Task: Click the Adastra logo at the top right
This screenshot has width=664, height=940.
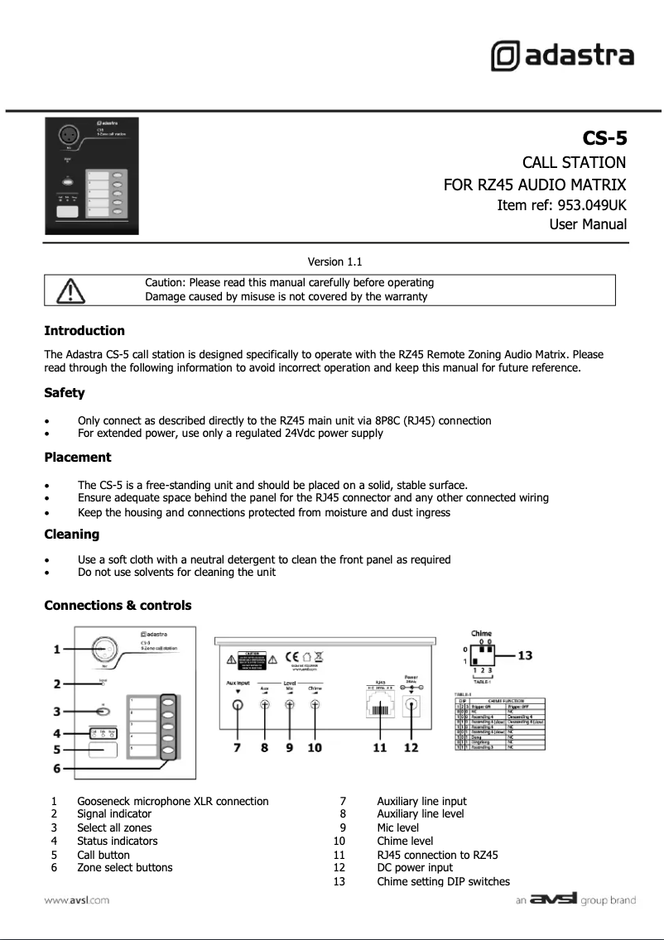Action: pyautogui.click(x=562, y=56)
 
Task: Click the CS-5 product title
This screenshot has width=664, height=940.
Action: pyautogui.click(x=604, y=137)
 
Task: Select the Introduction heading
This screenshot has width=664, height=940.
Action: pyautogui.click(x=84, y=331)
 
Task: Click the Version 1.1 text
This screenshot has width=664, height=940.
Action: pyautogui.click(x=334, y=261)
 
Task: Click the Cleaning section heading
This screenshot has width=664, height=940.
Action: pyautogui.click(x=71, y=535)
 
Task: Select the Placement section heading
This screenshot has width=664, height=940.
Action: pyautogui.click(x=77, y=458)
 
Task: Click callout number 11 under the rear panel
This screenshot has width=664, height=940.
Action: pyautogui.click(x=379, y=748)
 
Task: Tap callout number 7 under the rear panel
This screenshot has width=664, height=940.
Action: pyautogui.click(x=237, y=748)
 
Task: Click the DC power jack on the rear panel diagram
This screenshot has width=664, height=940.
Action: pyautogui.click(x=411, y=706)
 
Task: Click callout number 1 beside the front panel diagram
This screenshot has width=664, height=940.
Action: pyautogui.click(x=56, y=650)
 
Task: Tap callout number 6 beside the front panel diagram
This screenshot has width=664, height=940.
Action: pyautogui.click(x=56, y=768)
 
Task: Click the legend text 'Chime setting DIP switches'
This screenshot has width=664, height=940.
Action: pyautogui.click(x=443, y=882)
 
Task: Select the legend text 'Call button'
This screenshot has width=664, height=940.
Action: pyautogui.click(x=103, y=855)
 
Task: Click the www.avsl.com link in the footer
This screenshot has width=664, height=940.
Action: pyautogui.click(x=77, y=900)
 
